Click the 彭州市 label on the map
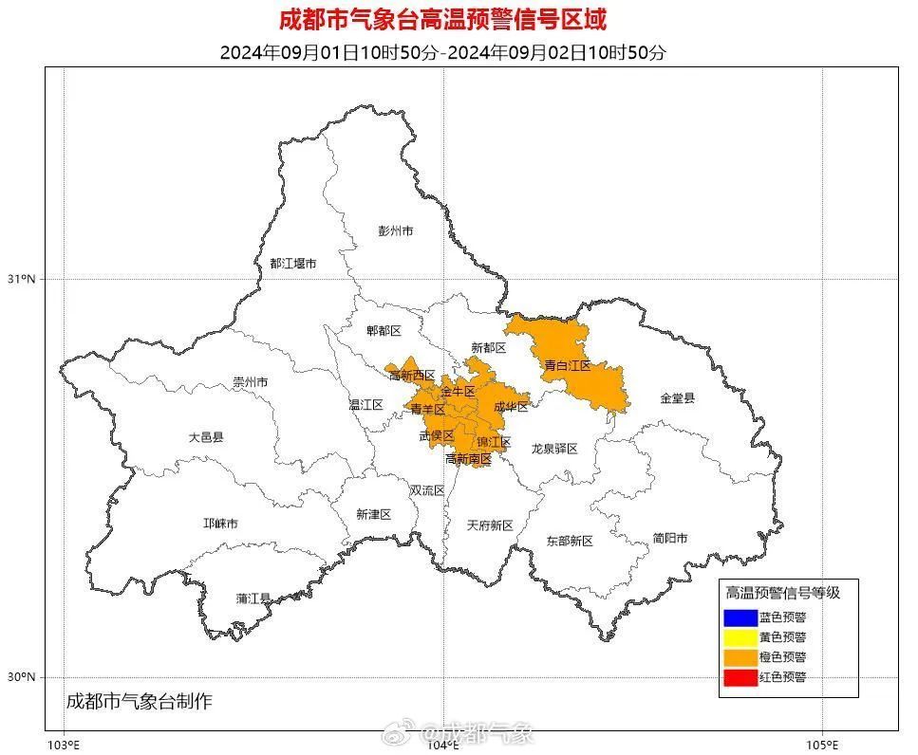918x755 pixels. (x=395, y=230)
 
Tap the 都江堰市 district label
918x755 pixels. (x=292, y=264)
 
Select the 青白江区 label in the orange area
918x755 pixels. (x=567, y=365)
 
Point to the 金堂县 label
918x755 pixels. (x=678, y=398)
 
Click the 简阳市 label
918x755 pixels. (x=670, y=538)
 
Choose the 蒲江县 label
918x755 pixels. (x=253, y=598)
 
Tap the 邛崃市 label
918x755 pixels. (x=220, y=524)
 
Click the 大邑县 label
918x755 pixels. (x=205, y=437)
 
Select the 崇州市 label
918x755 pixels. (x=251, y=382)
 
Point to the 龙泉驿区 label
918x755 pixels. (x=553, y=449)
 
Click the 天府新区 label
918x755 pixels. (x=490, y=525)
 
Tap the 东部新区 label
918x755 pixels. (x=569, y=541)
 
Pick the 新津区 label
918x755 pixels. (x=373, y=514)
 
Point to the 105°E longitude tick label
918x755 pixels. (x=821, y=745)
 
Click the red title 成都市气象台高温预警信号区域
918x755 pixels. (x=442, y=18)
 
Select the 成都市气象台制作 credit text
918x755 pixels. (x=139, y=703)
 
